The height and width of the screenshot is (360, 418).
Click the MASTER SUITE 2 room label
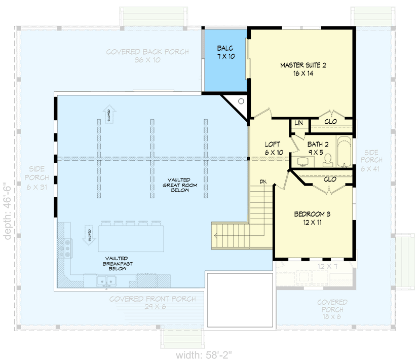click(302, 69)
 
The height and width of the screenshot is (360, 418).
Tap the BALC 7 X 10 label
click(224, 53)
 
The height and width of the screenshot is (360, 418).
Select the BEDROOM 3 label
click(312, 218)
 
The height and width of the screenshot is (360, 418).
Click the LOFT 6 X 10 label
click(273, 149)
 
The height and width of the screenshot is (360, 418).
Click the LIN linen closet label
click(298, 123)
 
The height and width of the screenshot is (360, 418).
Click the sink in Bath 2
click(303, 162)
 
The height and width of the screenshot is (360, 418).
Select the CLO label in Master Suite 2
click(331, 122)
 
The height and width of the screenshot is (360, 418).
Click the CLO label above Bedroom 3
click(329, 179)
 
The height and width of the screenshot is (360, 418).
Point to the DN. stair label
click(263, 181)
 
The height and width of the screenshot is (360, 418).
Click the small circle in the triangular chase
click(241, 101)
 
